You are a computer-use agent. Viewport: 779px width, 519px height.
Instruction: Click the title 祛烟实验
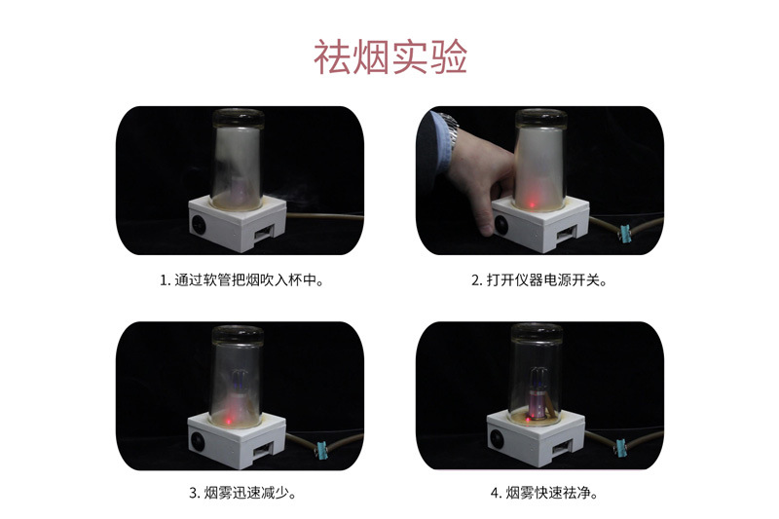pos(389,57)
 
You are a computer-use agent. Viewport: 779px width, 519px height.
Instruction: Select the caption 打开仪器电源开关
pos(538,279)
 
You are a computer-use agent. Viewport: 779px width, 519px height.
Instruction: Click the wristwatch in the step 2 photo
pos(447,127)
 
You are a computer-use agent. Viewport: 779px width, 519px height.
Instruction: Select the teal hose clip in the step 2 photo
pos(624,232)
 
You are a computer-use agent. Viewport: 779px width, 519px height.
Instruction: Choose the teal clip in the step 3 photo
pos(317,449)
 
